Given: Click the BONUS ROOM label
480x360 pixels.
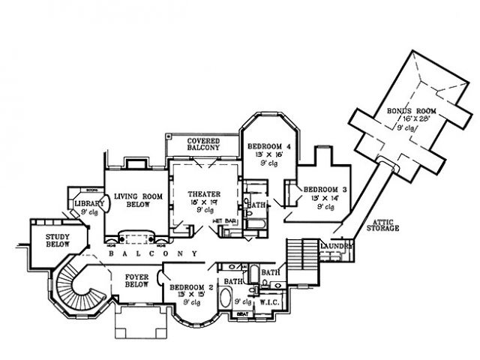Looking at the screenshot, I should (405, 111).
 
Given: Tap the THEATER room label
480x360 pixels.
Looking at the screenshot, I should (203, 193).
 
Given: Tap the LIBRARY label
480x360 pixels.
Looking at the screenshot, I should (88, 204).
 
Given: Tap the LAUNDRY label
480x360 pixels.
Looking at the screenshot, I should (334, 245).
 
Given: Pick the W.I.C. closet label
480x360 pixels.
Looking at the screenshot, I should (270, 303).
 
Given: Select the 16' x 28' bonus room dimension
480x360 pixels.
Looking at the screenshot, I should (406, 118).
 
